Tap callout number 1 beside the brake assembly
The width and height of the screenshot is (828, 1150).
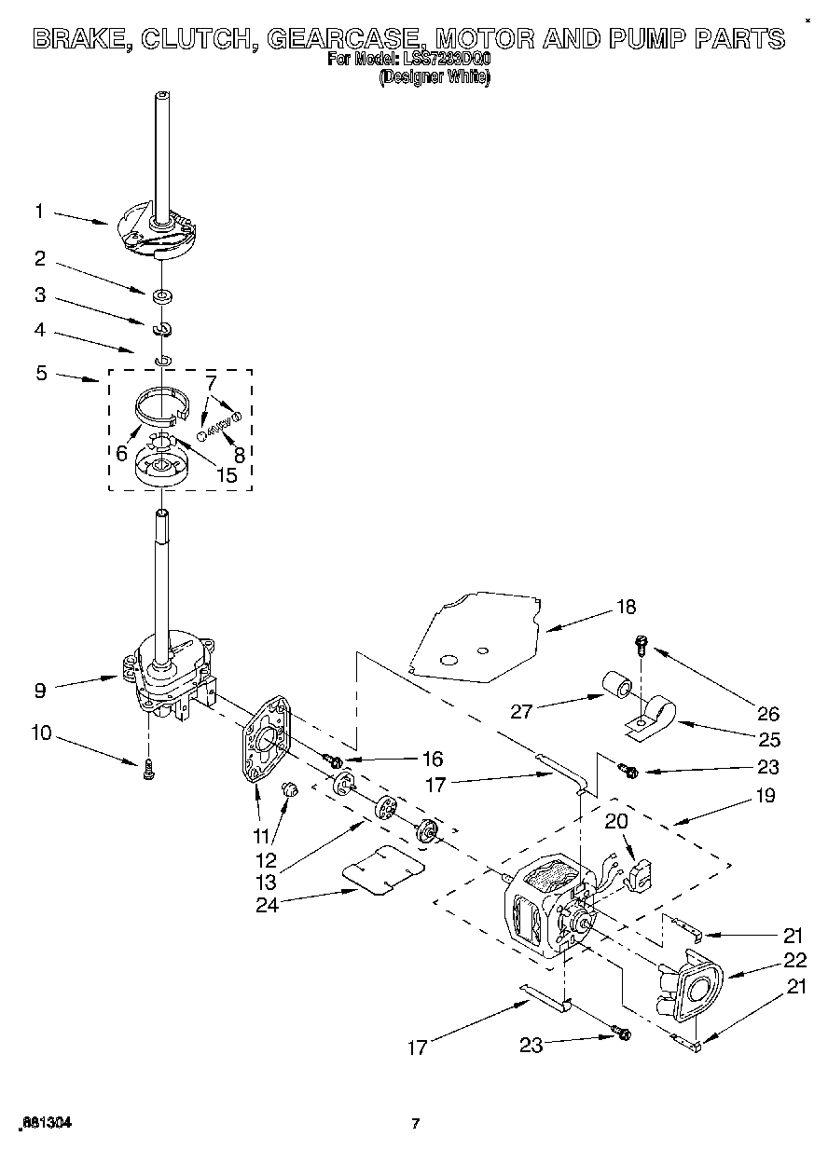pos(39,212)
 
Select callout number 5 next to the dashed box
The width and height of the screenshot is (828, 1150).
pos(40,374)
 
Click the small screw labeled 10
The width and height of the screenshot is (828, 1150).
pos(148,769)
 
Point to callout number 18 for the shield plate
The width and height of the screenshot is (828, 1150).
pos(626,607)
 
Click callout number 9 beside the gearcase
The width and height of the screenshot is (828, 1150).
pos(39,691)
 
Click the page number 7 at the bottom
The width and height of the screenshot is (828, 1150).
pos(415,1124)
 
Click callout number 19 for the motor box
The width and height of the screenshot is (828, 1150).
pos(765,796)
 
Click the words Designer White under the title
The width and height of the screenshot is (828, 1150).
pos(434,78)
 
